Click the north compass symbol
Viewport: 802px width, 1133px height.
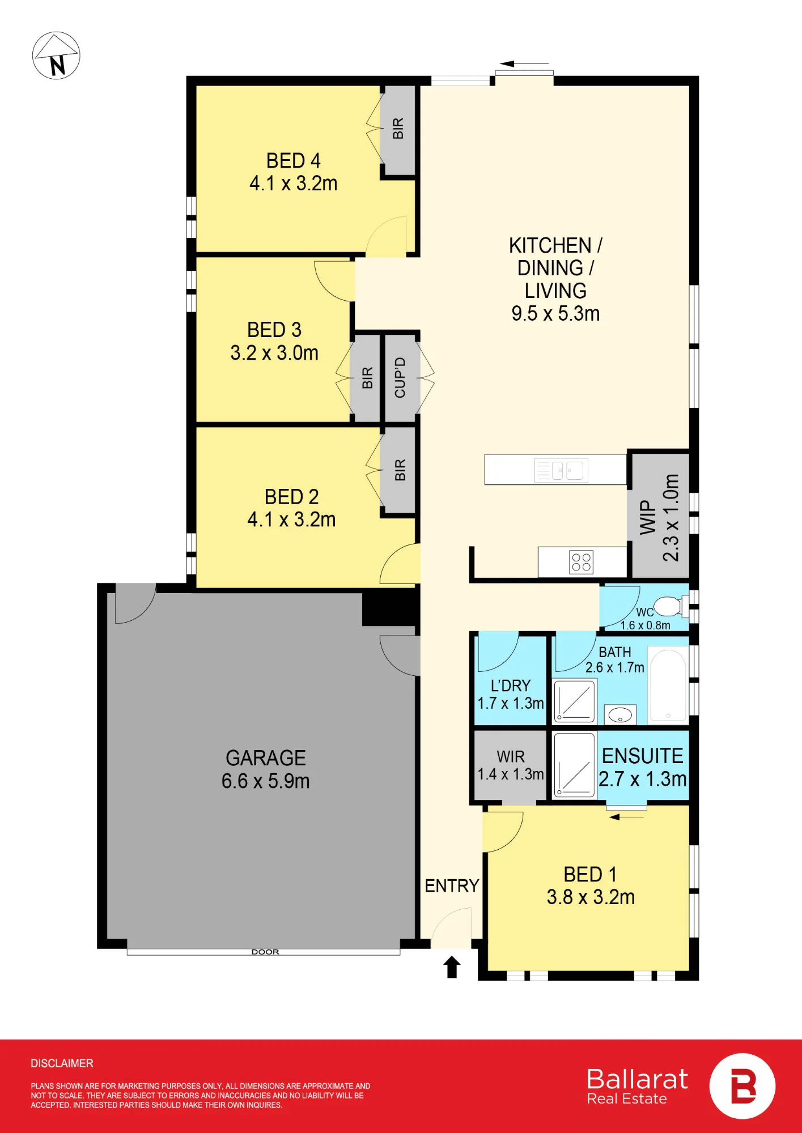56,56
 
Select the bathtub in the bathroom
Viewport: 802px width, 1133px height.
668,686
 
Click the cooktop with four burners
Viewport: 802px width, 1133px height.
581,562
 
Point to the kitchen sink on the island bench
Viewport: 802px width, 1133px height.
561,470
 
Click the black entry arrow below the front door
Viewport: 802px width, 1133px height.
452,967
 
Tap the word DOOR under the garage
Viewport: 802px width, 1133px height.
265,952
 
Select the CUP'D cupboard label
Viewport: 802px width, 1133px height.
400,377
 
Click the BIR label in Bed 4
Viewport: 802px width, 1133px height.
398,129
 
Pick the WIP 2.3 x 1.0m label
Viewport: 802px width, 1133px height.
659,517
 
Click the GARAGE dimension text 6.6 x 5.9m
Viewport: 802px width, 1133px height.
265,781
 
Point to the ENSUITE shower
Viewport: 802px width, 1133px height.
574,765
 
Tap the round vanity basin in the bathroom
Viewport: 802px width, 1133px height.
620,715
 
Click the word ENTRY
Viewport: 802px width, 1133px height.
452,886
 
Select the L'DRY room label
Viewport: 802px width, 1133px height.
511,686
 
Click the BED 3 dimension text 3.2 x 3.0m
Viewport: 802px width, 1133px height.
274,353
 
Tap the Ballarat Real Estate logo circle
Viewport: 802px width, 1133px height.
742,1086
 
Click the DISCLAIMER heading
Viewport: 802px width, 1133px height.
62,1063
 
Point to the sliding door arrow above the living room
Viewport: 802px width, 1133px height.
524,64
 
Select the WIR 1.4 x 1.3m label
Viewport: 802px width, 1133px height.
511,765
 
